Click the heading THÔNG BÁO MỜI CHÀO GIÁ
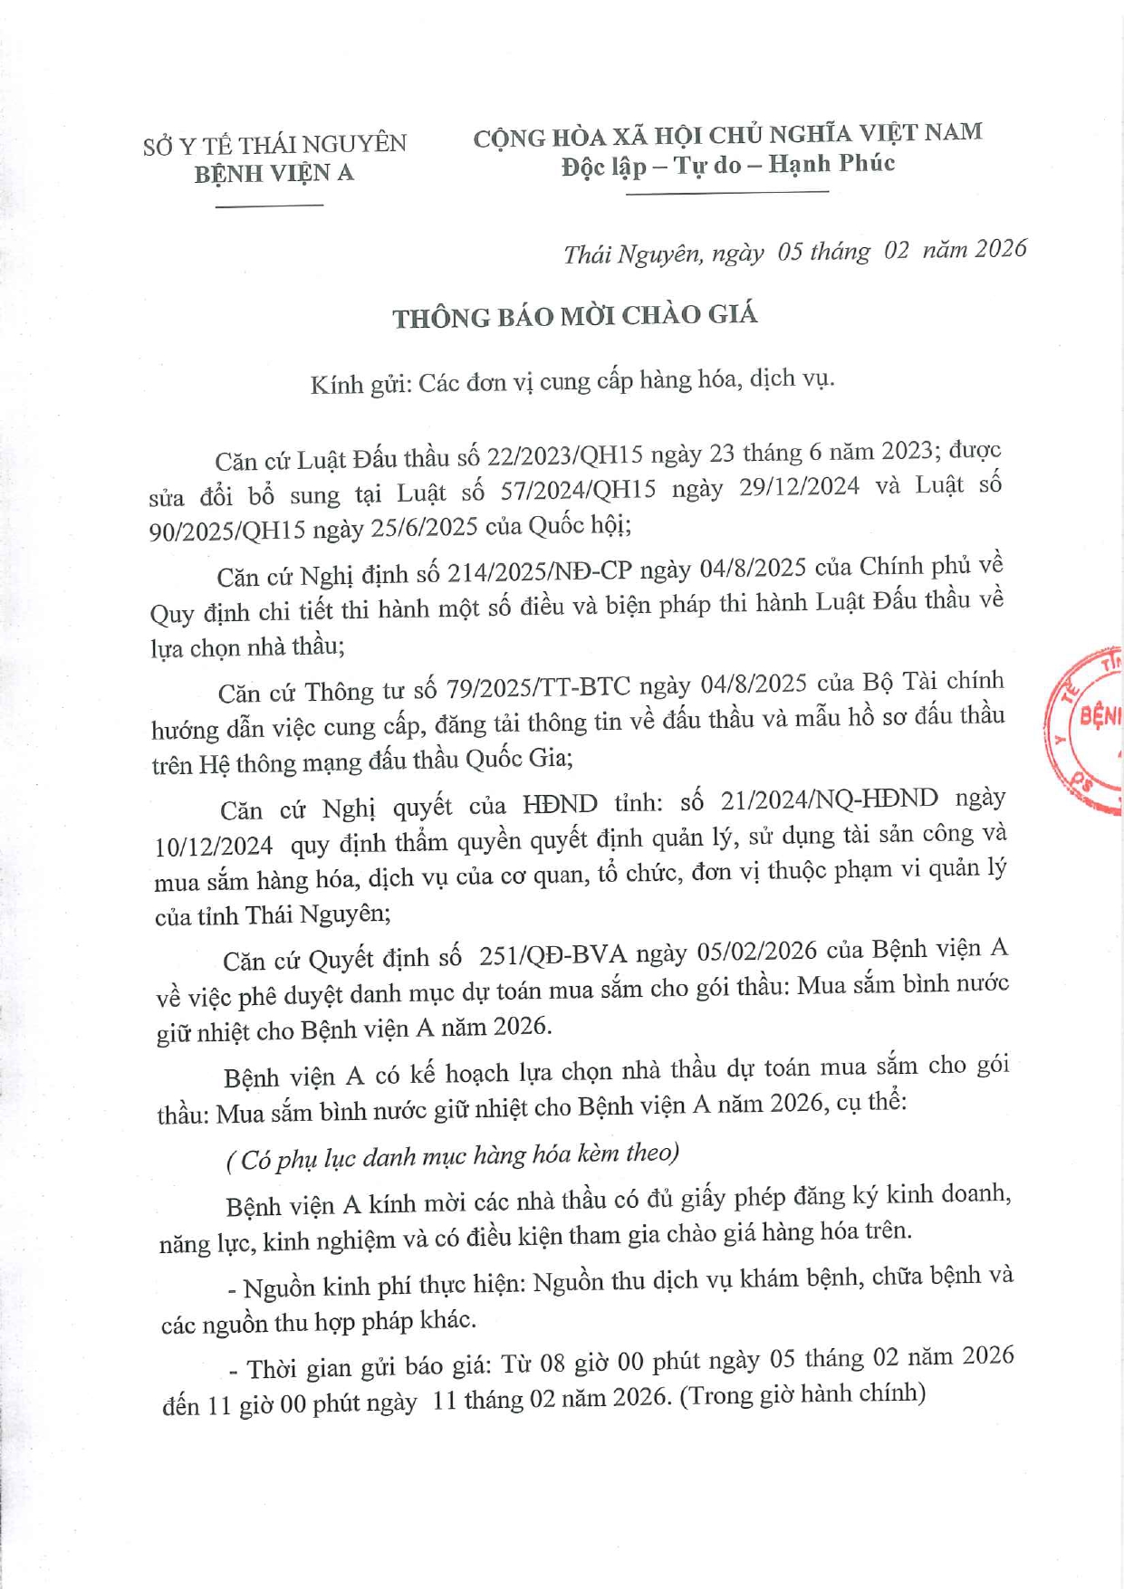(574, 316)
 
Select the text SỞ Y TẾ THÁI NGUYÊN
(274, 145)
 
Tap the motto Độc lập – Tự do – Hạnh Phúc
(727, 165)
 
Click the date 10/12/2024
(214, 846)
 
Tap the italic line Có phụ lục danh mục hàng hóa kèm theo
(453, 1155)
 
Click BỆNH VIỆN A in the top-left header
(274, 173)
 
